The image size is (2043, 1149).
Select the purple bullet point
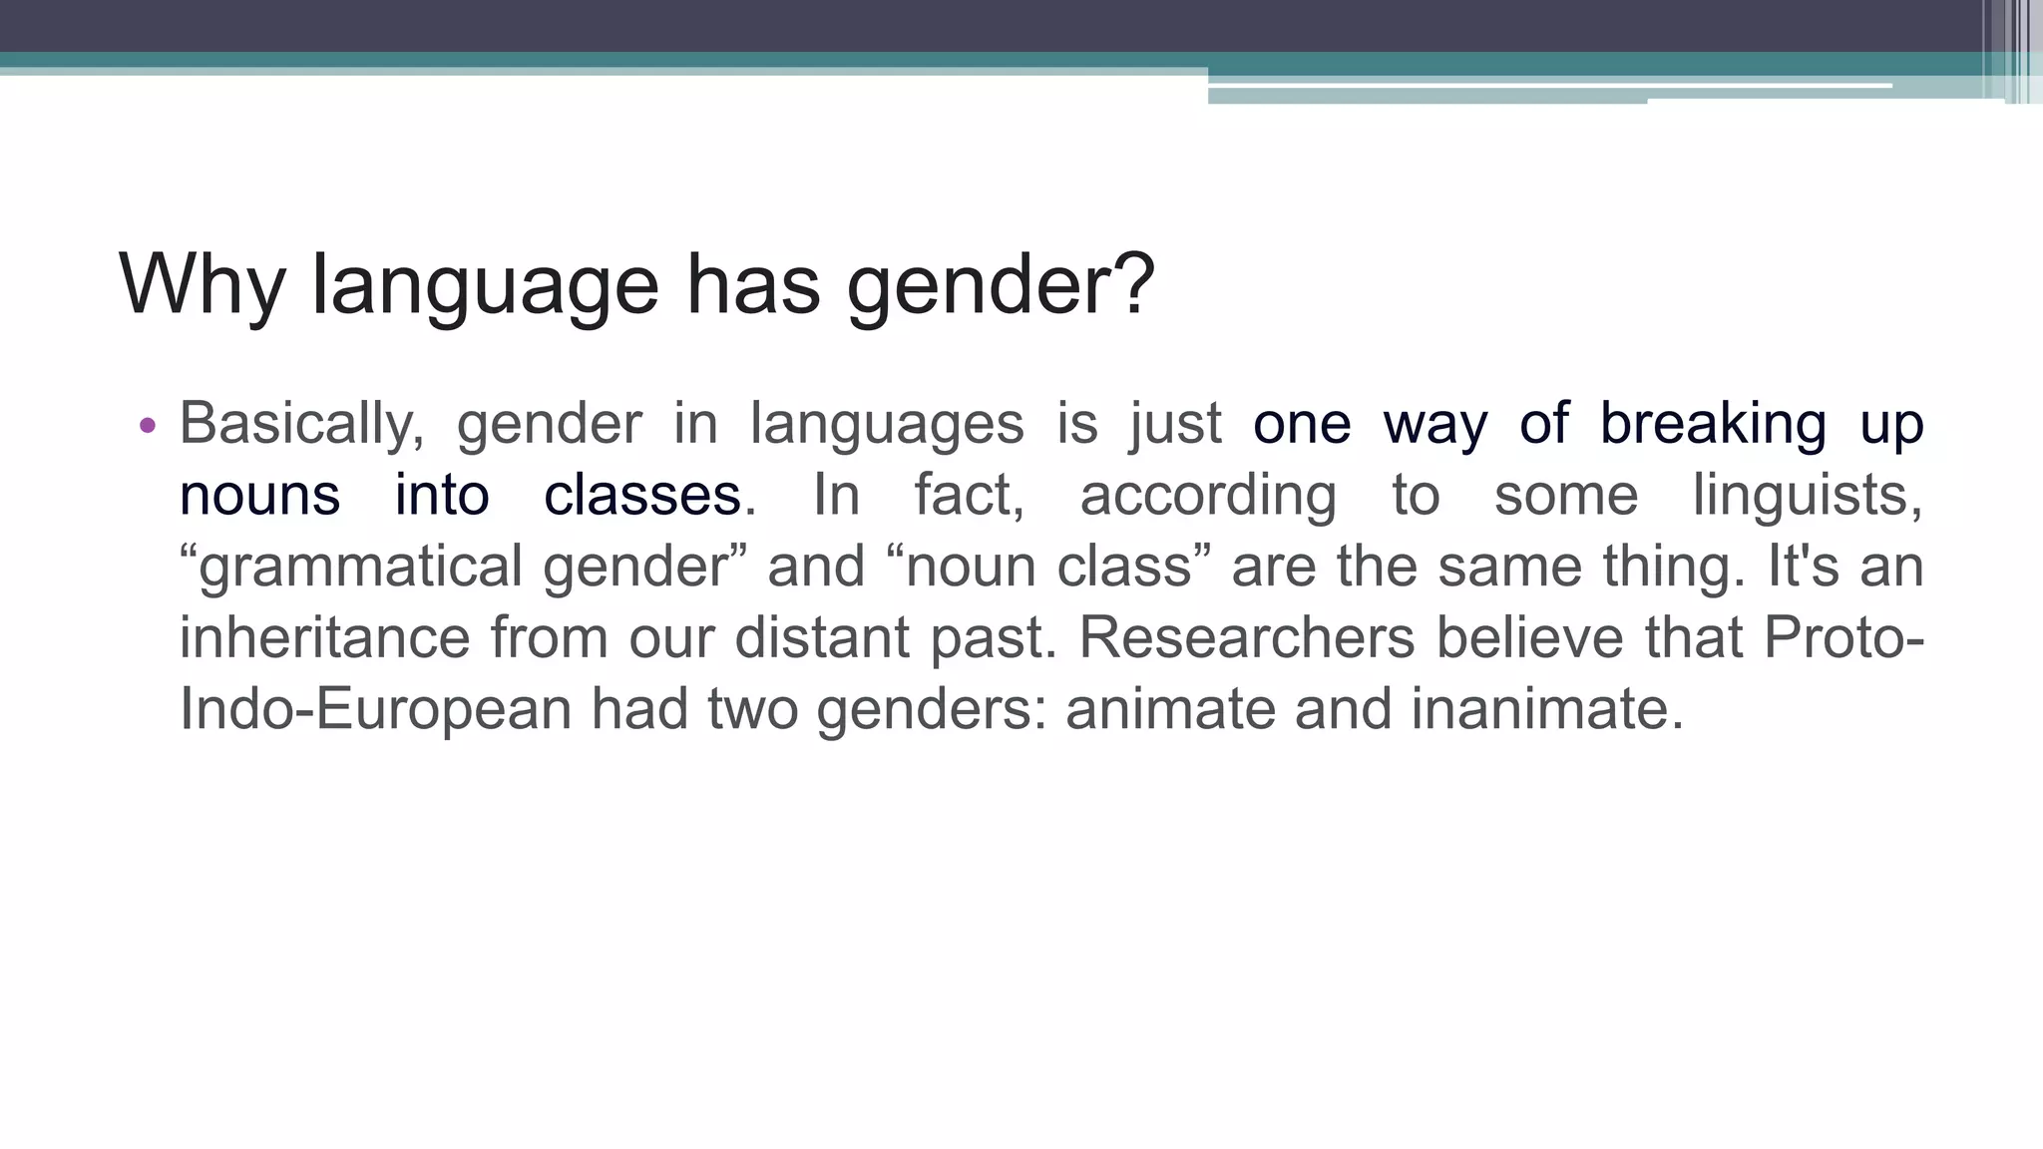148,426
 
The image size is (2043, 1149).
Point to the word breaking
1713,424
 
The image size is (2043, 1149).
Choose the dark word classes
642,495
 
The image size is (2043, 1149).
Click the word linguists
1807,495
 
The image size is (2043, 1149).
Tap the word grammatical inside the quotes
360,567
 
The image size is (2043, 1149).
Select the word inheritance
324,637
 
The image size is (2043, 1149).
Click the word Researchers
1246,637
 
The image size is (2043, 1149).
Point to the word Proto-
1843,637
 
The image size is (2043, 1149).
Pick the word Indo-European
375,709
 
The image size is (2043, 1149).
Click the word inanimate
1546,709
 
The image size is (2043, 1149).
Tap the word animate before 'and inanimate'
1170,709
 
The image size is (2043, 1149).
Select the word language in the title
485,285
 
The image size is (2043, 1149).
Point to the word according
1208,495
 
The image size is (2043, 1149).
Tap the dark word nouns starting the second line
259,495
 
